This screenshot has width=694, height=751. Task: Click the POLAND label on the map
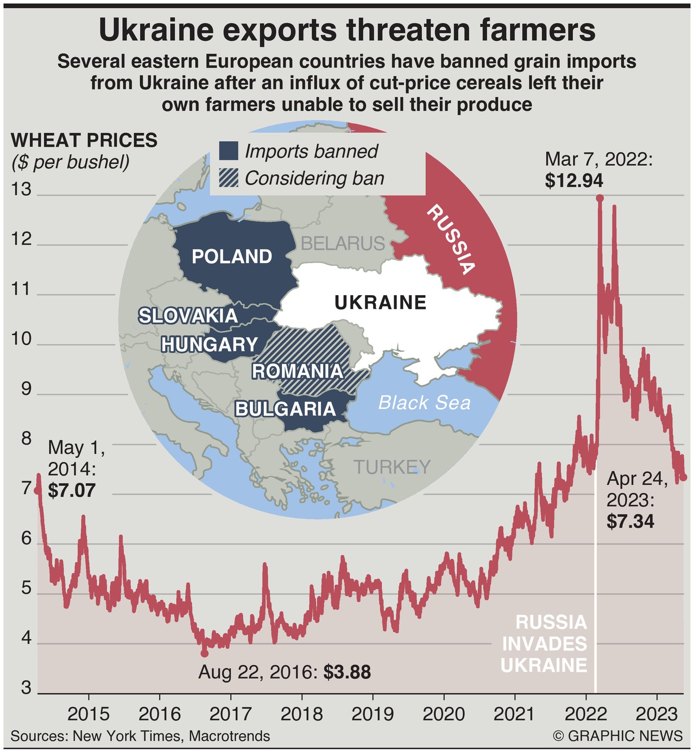click(232, 256)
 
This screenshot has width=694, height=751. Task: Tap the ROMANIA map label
click(298, 371)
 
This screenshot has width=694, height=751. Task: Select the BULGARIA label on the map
click(285, 409)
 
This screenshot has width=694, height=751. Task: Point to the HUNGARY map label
click(209, 345)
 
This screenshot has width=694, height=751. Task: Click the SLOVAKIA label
click(188, 316)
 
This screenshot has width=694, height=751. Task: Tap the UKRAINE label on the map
click(380, 302)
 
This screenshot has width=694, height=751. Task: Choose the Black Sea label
click(424, 403)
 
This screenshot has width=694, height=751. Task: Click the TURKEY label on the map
click(392, 467)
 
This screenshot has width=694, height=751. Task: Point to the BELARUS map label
click(343, 243)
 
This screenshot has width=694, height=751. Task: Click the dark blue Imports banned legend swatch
click(229, 151)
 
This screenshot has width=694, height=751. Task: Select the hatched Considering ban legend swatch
click(229, 178)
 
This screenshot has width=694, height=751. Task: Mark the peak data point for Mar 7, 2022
click(600, 198)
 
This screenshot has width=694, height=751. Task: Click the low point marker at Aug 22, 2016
click(204, 653)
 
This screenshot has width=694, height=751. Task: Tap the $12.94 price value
click(574, 181)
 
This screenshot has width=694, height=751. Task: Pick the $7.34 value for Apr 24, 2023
click(630, 522)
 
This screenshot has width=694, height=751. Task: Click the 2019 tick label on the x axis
click(373, 714)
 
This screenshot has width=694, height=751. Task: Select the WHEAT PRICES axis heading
click(84, 140)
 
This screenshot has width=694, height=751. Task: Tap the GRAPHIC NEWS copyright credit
click(618, 736)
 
